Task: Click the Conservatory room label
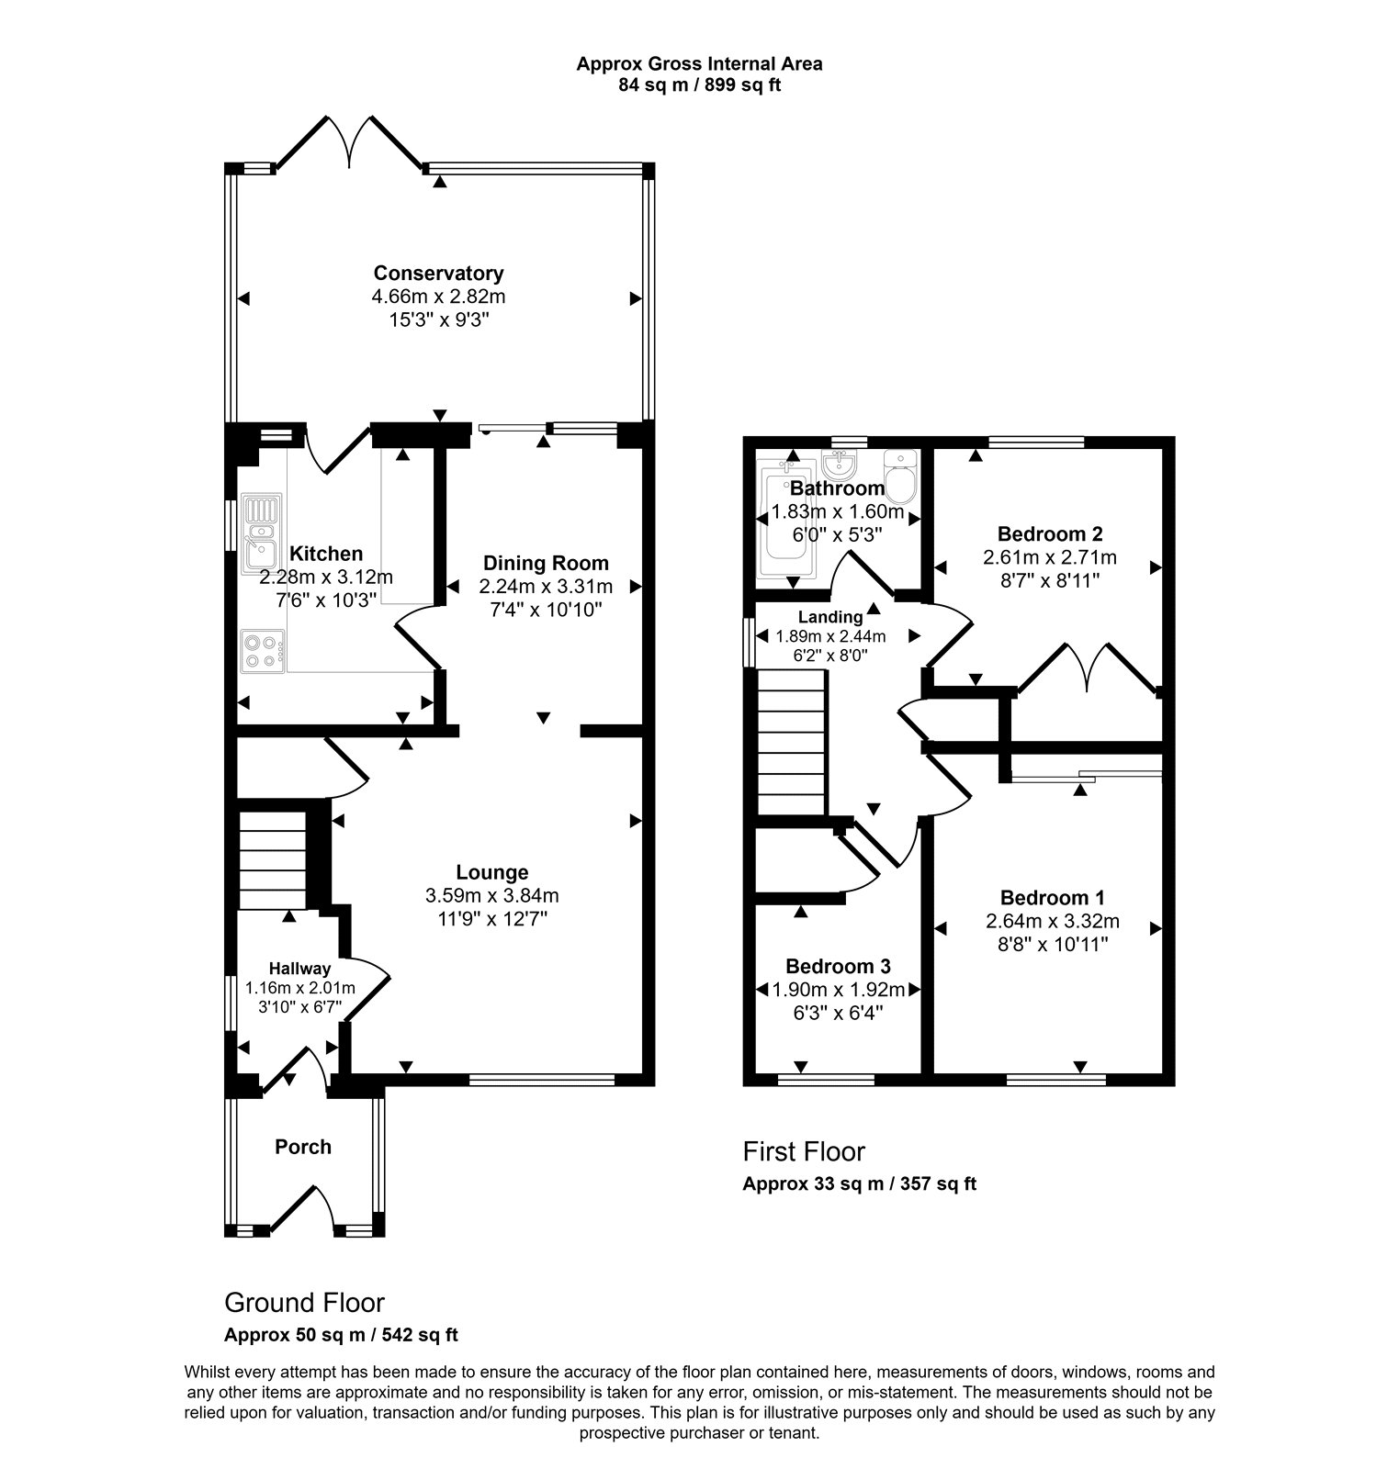438,273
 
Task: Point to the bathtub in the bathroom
784,520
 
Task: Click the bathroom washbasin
841,459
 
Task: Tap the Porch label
303,1147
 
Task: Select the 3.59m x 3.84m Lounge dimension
492,895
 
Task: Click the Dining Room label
546,563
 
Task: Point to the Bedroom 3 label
838,966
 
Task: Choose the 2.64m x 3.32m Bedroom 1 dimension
1053,921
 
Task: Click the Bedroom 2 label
1050,533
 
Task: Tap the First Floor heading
804,1151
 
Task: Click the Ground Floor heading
304,1302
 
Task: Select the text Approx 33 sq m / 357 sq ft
859,1183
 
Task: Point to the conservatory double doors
350,142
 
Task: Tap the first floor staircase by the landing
792,742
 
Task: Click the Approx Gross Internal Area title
699,64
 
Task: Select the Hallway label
299,968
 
